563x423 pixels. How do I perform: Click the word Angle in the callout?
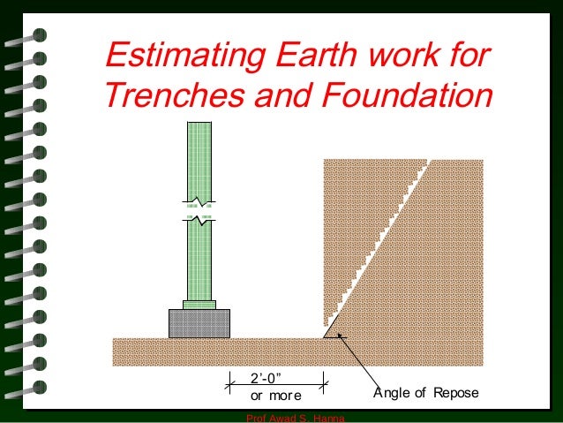392,394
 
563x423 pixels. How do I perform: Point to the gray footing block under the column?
199,322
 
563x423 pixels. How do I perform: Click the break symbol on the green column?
199,217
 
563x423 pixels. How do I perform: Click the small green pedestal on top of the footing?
199,305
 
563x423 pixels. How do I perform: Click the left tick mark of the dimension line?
230,382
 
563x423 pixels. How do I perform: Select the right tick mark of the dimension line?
326,382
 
